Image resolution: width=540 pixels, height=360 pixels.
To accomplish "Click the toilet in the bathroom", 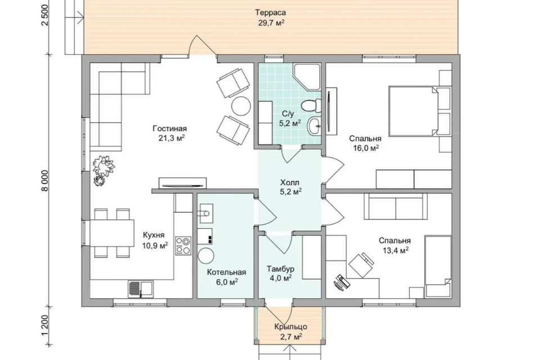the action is click(311, 105).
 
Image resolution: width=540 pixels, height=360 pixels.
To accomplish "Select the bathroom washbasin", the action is click(314, 126).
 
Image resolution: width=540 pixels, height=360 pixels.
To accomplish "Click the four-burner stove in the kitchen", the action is click(183, 245).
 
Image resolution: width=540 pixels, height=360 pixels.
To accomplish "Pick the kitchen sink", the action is click(141, 289).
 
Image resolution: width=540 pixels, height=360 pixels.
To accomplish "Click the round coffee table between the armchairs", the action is click(241, 106).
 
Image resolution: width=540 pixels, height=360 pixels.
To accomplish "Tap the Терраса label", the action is click(271, 13).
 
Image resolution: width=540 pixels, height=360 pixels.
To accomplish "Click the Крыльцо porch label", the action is click(291, 327).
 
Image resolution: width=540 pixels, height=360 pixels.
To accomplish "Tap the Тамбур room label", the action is click(280, 269).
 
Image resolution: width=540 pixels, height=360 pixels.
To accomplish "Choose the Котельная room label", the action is click(227, 272).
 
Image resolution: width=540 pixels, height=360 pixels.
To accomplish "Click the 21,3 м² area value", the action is click(169, 138).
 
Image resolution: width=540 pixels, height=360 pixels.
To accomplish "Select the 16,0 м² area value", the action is click(366, 148).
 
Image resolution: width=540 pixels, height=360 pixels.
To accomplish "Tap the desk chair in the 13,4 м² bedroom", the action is click(361, 264).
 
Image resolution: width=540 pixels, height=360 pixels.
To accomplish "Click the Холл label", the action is click(290, 182).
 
